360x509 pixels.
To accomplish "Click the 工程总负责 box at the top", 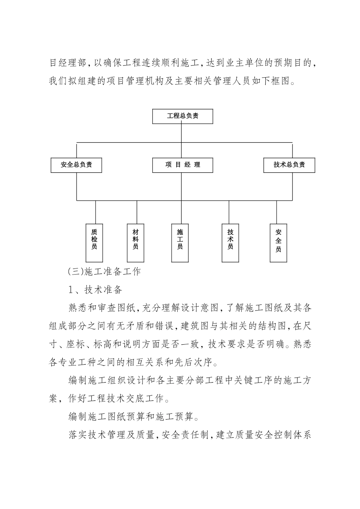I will click(x=182, y=116).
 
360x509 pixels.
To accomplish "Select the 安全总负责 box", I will click(x=76, y=165).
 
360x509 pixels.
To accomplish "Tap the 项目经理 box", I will click(x=182, y=165).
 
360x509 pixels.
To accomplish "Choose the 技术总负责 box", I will click(x=289, y=165).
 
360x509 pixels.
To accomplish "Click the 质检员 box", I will click(x=94, y=243).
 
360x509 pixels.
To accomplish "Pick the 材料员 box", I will click(x=135, y=243).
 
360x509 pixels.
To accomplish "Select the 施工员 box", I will click(x=180, y=243).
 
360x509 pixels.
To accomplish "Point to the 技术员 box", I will click(x=230, y=243).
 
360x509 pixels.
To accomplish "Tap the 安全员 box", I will click(x=278, y=243).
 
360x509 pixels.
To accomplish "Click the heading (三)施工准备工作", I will click(x=105, y=272).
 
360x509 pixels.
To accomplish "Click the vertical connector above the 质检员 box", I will click(x=95, y=212).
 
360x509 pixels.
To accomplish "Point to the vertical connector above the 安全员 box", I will click(x=276, y=212).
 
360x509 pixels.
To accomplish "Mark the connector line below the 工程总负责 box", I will click(x=182, y=133).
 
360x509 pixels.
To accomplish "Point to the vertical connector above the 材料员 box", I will click(x=137, y=212).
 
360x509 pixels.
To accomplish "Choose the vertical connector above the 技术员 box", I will click(x=229, y=212).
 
